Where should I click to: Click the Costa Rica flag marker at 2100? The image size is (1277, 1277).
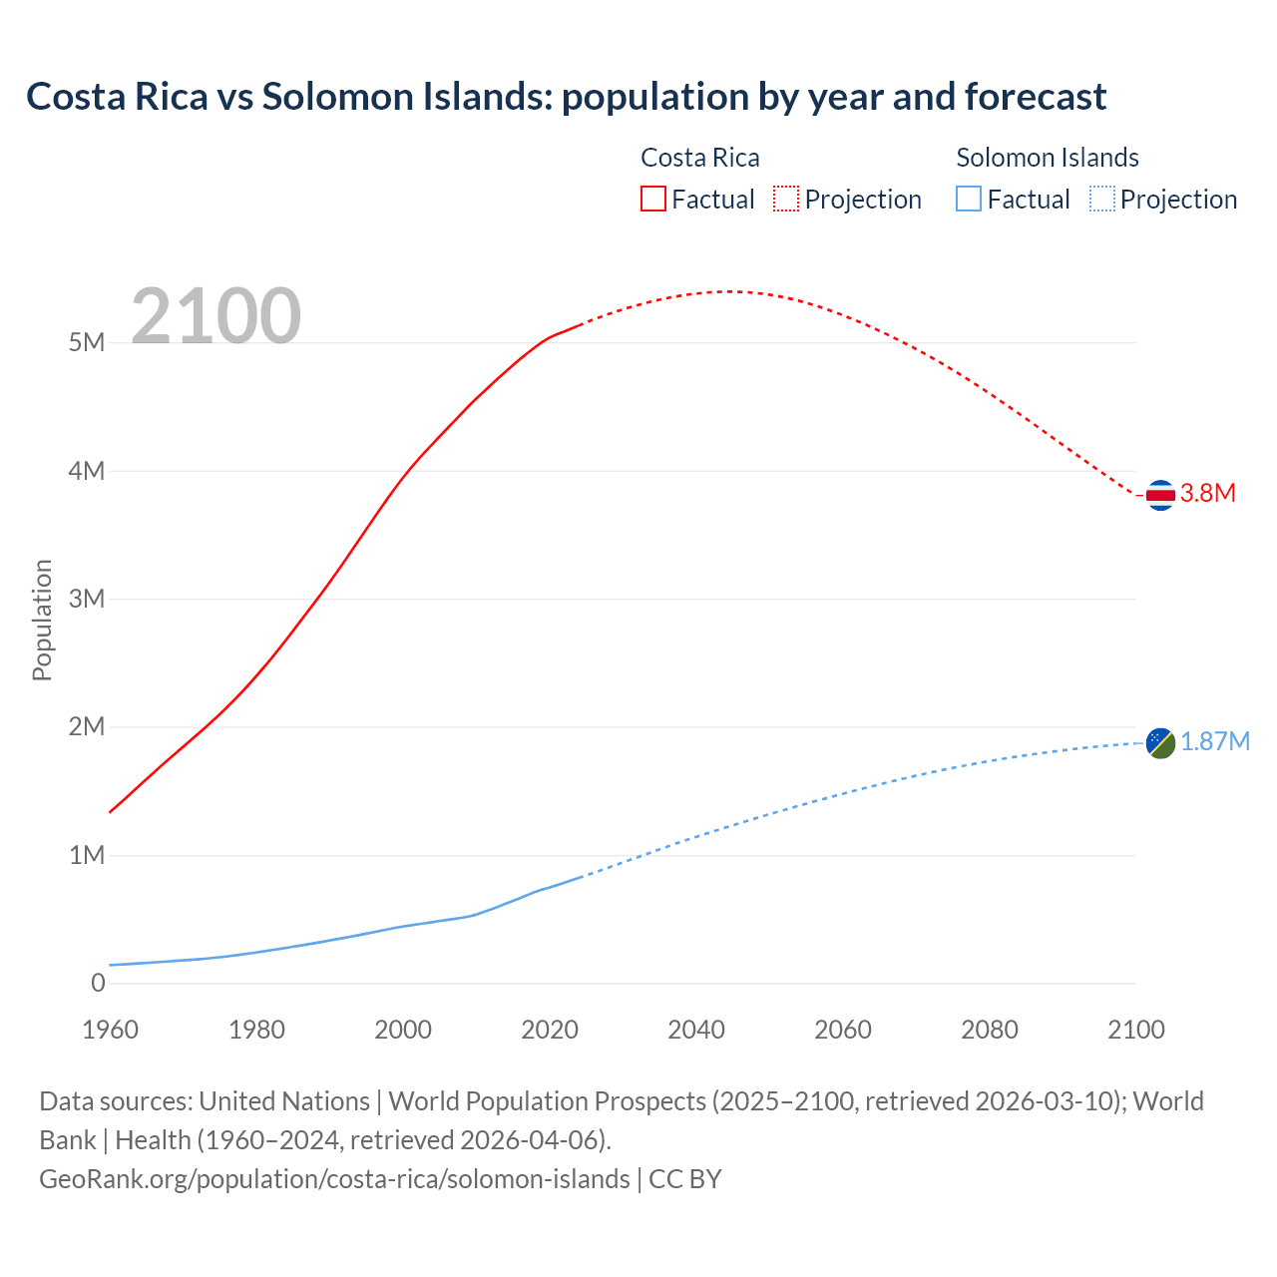(1160, 494)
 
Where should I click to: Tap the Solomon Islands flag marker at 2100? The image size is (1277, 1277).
(1160, 742)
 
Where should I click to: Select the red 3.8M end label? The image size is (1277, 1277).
(1208, 493)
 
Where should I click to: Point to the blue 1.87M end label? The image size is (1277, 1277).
(1215, 741)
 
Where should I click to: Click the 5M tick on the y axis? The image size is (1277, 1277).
(87, 342)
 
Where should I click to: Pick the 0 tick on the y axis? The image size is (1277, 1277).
(98, 983)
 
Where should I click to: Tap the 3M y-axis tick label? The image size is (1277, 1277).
(87, 599)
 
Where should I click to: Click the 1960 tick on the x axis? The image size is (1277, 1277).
(110, 1030)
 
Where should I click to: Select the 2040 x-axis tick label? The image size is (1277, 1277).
(696, 1030)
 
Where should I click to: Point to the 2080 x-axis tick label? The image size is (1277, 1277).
(990, 1030)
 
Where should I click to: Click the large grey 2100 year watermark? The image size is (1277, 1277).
(215, 316)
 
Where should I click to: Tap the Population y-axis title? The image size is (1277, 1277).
(42, 620)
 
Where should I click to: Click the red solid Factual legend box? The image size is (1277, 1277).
(653, 199)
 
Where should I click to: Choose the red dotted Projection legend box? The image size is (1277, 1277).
(786, 199)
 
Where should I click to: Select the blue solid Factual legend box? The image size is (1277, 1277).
(969, 199)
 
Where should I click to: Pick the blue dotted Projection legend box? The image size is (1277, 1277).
(1101, 199)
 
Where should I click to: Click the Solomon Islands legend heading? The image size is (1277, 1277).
(1048, 158)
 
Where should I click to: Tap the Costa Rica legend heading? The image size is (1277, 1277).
(699, 158)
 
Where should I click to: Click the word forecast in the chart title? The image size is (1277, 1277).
(1036, 97)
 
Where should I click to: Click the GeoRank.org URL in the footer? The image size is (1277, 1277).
(334, 1179)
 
